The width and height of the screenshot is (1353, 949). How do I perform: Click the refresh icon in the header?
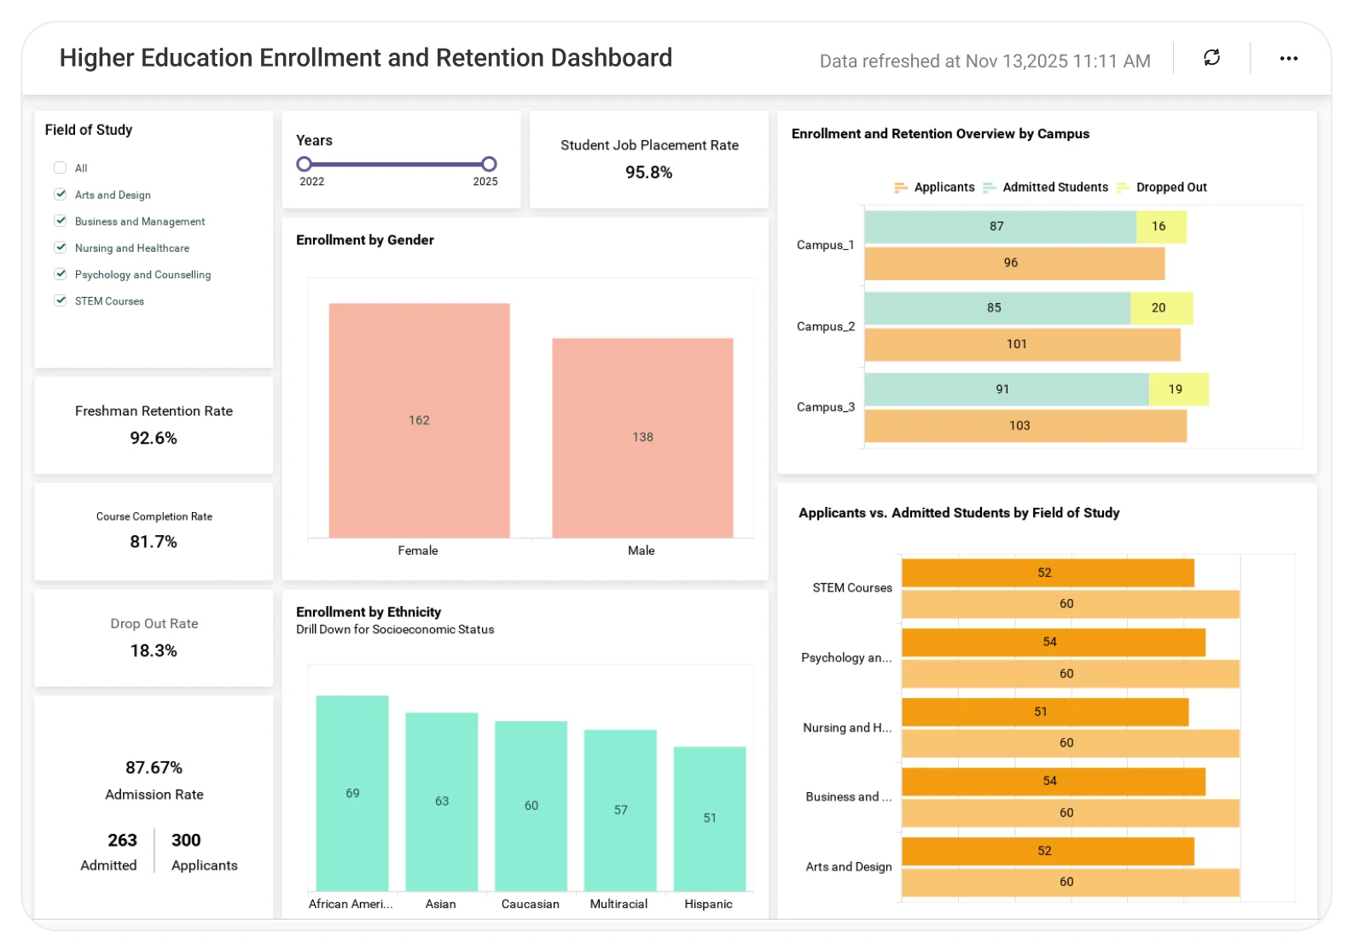1211,57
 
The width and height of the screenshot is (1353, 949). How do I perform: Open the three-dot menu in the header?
1288,58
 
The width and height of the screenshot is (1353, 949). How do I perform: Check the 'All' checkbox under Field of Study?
60,168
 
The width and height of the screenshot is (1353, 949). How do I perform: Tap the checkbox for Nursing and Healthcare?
60,247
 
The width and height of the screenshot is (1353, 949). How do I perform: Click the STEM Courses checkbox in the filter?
60,300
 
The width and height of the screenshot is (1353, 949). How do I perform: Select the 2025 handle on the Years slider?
489,164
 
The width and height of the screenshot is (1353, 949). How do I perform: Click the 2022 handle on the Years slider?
304,164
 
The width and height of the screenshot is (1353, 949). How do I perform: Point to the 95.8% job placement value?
648,172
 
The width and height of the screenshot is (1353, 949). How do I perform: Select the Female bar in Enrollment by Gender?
419,420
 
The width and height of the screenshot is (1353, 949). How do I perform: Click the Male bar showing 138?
642,437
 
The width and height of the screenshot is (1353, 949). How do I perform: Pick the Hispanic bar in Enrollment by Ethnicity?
709,818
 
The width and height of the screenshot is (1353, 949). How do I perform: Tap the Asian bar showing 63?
441,801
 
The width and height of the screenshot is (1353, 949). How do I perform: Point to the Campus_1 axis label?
825,245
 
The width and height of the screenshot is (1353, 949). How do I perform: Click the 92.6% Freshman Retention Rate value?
154,438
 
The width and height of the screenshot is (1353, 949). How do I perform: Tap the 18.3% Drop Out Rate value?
154,650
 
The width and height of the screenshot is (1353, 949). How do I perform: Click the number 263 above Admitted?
122,840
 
